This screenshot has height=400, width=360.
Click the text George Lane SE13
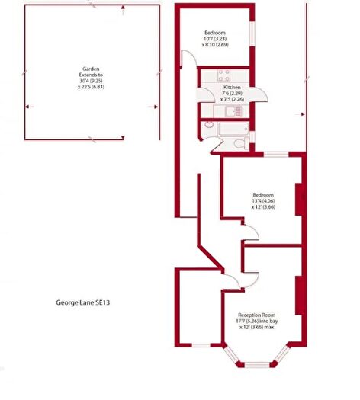click(82, 302)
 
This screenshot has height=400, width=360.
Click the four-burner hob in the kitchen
click(224, 75)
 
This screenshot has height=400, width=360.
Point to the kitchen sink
click(233, 111)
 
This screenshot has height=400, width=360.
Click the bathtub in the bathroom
click(233, 129)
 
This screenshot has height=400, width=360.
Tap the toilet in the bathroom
click(241, 143)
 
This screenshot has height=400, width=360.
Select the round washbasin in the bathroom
click(209, 125)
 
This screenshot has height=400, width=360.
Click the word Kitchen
click(232, 88)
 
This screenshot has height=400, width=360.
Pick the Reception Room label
click(256, 315)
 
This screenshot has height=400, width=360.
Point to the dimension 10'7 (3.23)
click(215, 39)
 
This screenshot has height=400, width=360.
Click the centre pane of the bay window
click(257, 364)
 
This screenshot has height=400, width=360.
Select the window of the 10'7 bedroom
click(252, 34)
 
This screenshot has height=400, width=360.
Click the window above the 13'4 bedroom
click(276, 155)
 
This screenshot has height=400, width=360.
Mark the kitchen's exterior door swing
click(261, 94)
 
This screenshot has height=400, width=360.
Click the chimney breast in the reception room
click(299, 296)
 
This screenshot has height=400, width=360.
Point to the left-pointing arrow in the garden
click(29, 107)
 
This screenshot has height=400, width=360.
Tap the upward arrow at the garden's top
click(123, 9)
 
